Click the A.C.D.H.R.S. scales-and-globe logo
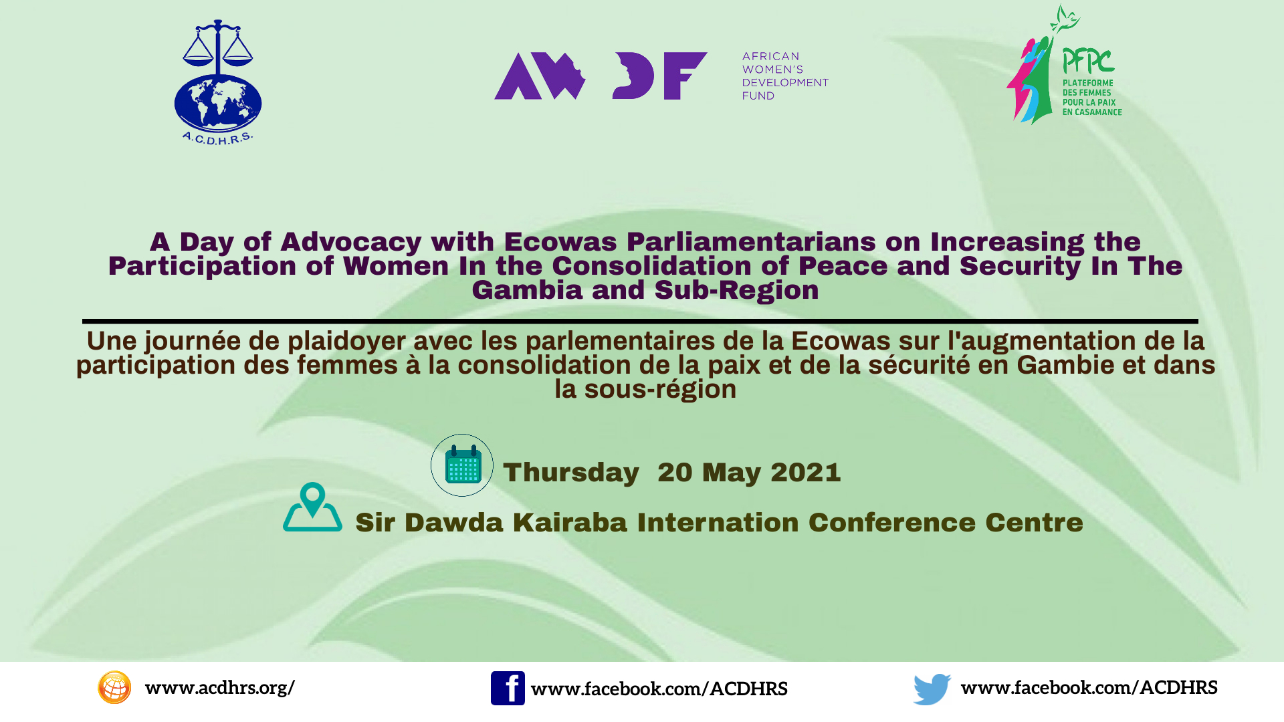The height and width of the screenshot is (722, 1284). coord(218,82)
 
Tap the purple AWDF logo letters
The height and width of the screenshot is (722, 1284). coord(601,76)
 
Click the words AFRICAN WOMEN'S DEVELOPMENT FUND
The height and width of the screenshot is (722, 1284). coord(785,76)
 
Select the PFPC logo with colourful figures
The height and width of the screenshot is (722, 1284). coord(1064,65)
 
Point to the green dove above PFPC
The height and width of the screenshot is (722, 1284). coord(1065,18)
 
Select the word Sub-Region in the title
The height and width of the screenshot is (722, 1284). coord(736,290)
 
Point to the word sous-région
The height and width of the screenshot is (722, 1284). coord(660,390)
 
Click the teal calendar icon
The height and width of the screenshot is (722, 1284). coord(462,465)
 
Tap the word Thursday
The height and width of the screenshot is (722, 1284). coord(571,473)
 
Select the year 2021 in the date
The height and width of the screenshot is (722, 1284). coord(806,473)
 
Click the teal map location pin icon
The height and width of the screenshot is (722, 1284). coord(312,507)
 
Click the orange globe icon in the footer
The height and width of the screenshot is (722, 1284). coord(114,687)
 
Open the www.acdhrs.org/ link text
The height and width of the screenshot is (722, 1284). coord(220,688)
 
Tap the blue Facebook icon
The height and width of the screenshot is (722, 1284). coord(508,688)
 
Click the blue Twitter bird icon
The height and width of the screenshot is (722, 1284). coord(932,689)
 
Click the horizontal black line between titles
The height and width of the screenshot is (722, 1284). coord(640,322)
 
